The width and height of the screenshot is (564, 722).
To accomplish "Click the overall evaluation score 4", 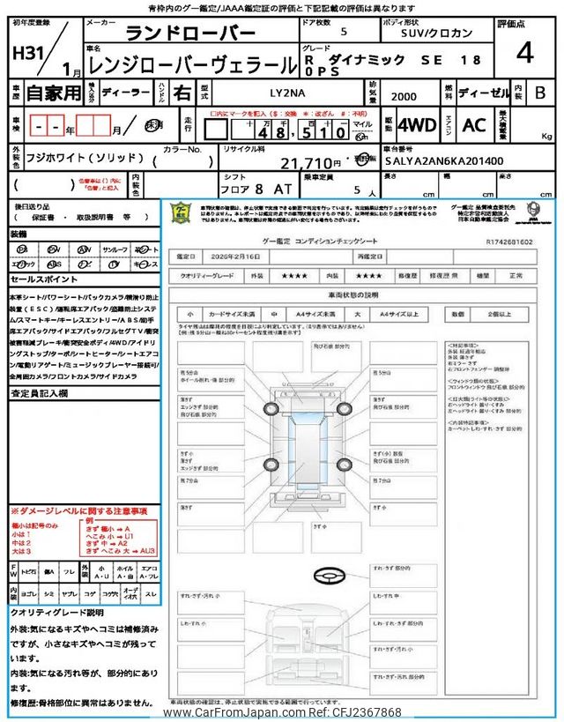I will point(525,53).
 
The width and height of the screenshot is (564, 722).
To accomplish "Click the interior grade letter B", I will point(541,92).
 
